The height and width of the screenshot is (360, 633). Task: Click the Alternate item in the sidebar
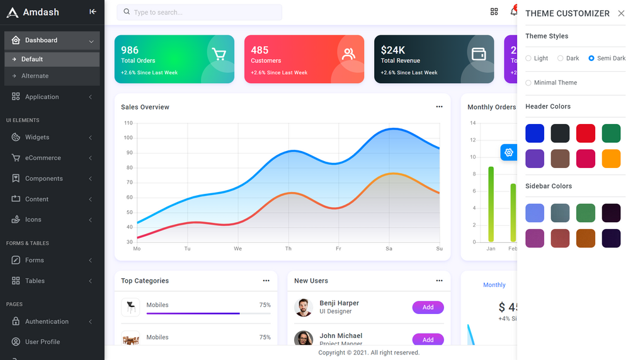point(35,76)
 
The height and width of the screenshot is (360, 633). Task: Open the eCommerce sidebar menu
point(43,158)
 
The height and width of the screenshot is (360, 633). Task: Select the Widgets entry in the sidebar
point(37,137)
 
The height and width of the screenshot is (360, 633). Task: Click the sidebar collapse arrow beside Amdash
point(93,12)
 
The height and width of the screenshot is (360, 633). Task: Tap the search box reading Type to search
point(199,12)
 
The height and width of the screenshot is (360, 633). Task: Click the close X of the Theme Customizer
point(621,13)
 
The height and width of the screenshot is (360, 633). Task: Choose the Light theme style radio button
point(529,59)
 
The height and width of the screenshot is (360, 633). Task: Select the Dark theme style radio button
point(561,59)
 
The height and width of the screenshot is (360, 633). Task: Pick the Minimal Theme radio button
point(529,82)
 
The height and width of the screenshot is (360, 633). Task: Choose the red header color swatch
point(586,133)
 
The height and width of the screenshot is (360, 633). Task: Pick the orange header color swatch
point(611,158)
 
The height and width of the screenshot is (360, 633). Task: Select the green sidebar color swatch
point(586,213)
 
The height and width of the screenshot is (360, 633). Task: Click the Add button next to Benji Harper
point(428,308)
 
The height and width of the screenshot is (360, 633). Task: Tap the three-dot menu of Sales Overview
point(439,107)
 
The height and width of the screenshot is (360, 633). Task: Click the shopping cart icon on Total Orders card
point(219,55)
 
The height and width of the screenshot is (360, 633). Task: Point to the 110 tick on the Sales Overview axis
point(128,123)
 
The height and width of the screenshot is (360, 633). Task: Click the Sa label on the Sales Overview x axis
point(389,249)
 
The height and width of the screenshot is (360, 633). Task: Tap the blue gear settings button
point(509,152)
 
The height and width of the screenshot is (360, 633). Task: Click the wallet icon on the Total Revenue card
point(479,54)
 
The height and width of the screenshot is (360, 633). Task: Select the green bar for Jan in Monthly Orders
point(491,205)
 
